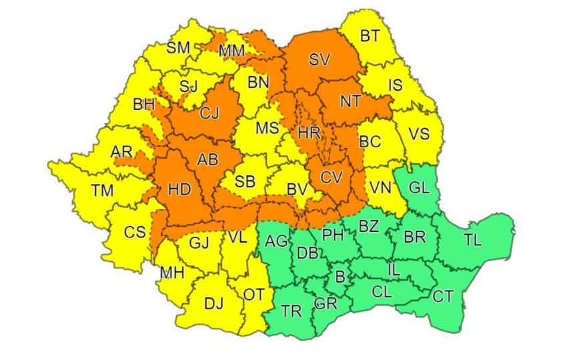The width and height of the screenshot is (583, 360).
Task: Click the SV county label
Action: click(x=320, y=60)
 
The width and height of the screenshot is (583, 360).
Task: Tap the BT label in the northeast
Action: click(x=370, y=36)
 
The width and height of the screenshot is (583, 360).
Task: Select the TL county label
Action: click(x=472, y=241)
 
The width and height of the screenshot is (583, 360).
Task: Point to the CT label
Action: click(x=442, y=297)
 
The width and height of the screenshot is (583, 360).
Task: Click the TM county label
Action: click(x=102, y=191)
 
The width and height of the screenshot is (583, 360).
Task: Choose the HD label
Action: click(x=179, y=189)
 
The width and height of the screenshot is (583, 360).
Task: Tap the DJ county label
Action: click(x=213, y=304)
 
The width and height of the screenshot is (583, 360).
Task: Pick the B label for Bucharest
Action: click(x=340, y=277)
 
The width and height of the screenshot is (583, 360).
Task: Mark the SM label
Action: click(x=178, y=48)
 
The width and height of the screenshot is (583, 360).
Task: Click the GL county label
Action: click(x=419, y=188)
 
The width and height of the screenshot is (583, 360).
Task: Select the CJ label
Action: click(x=209, y=114)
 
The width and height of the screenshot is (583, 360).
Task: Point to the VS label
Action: click(x=419, y=135)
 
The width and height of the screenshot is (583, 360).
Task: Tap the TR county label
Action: click(x=291, y=311)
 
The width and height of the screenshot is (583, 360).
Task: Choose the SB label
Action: click(x=245, y=181)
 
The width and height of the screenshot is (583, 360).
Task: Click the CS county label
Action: click(x=135, y=232)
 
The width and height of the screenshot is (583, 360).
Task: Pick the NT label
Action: click(x=350, y=102)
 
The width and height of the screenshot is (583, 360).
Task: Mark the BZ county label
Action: click(x=368, y=227)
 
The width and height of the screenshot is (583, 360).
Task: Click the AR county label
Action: click(x=121, y=152)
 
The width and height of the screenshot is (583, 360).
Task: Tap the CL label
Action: click(x=382, y=291)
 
